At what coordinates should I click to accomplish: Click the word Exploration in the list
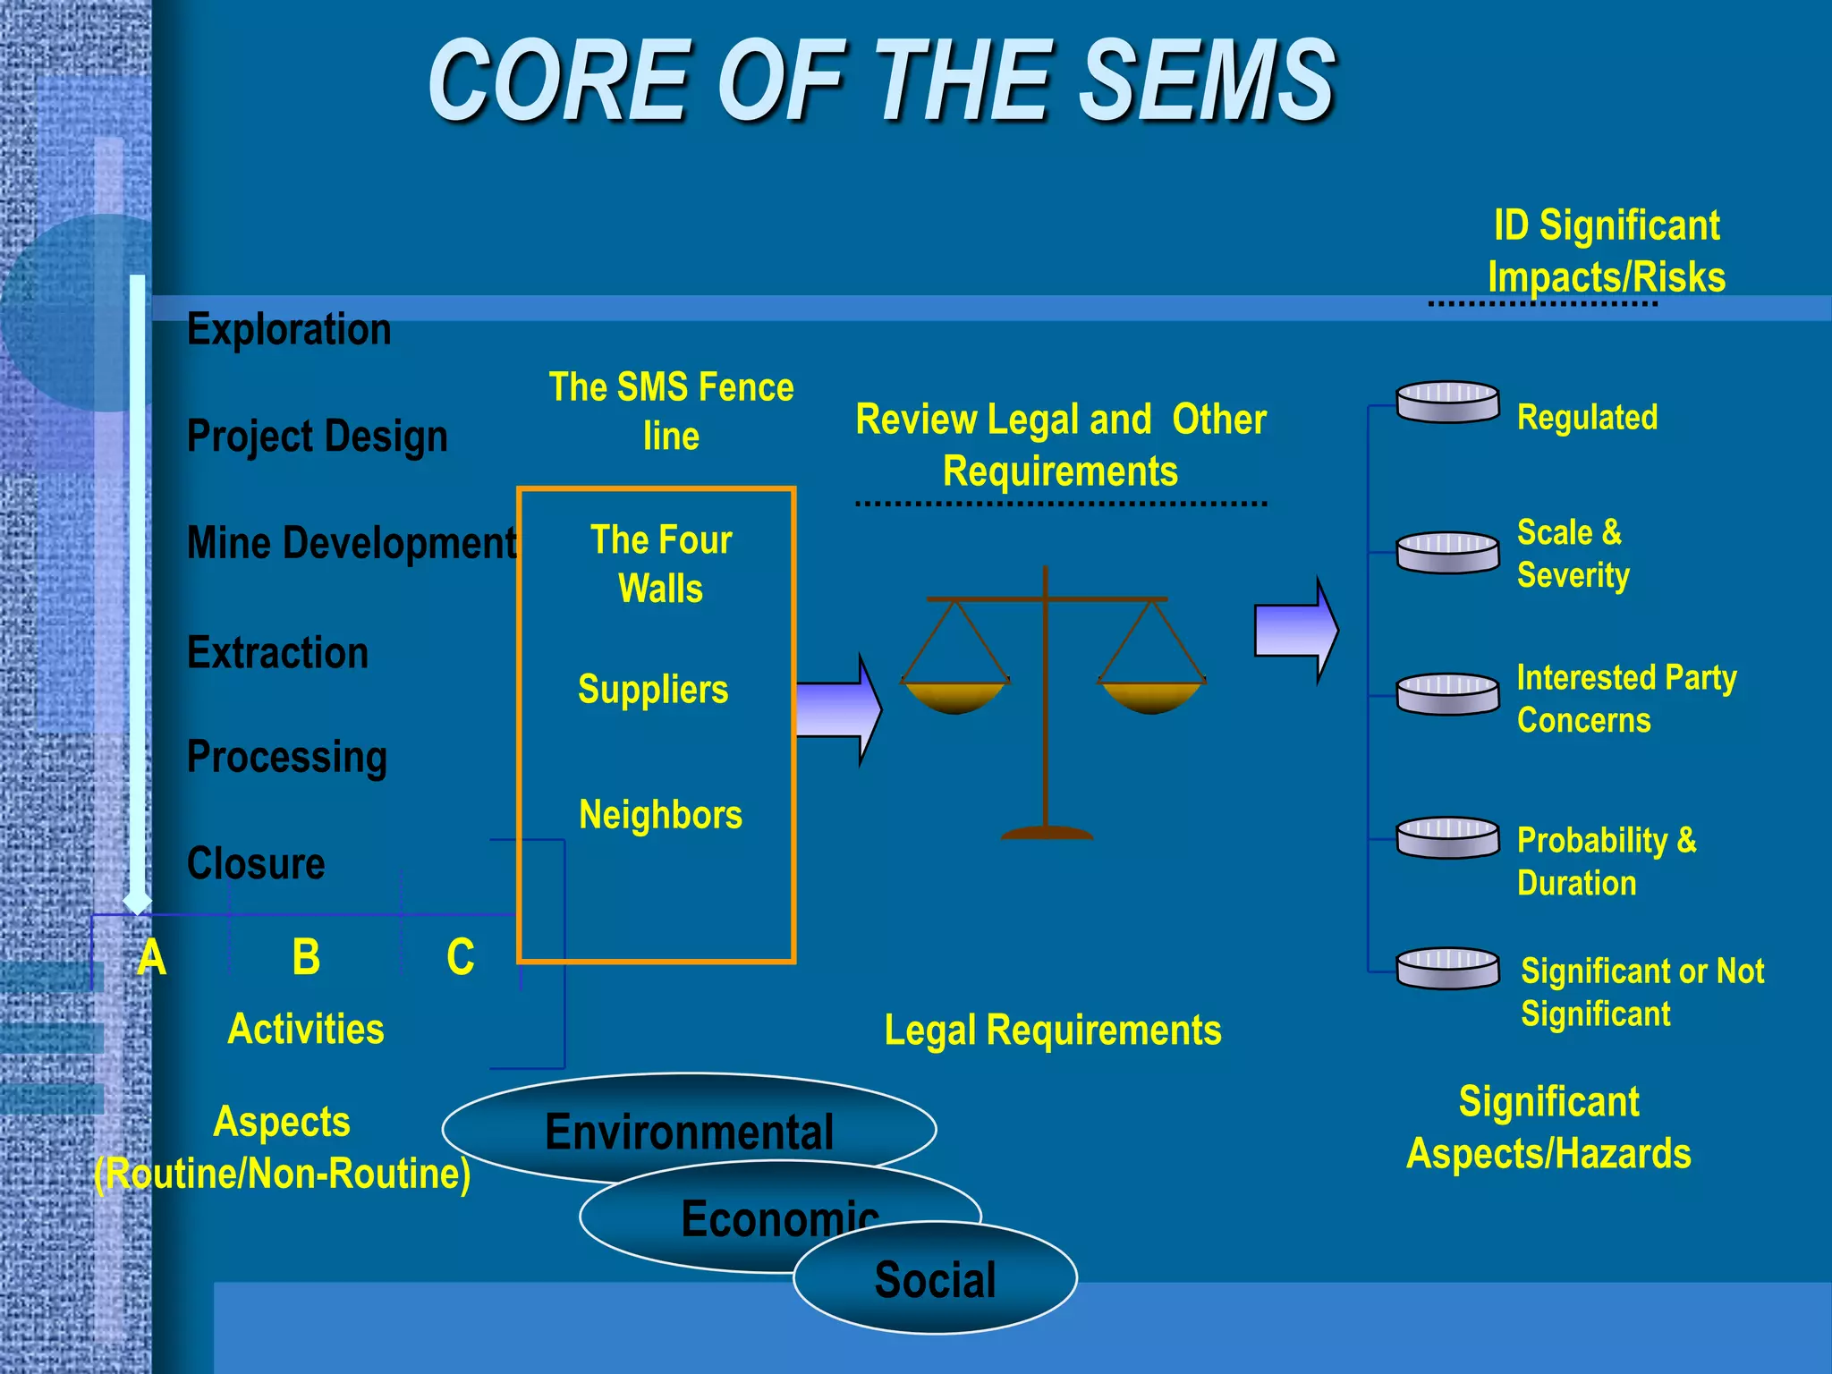point(289,329)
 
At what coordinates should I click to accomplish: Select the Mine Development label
point(352,543)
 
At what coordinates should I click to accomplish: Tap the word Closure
point(256,863)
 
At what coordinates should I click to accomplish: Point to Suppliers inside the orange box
point(653,690)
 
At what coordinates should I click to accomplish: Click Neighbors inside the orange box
point(660,815)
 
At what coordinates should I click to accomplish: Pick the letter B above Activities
point(306,957)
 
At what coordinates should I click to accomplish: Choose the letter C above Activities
point(460,957)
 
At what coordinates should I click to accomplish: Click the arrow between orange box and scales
point(836,709)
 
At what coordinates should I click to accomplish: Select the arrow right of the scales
point(1295,631)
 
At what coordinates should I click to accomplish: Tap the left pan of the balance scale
point(954,696)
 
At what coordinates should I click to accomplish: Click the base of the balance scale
point(1046,833)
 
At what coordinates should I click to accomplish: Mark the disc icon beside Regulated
point(1447,402)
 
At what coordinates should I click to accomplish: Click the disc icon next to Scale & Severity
point(1447,552)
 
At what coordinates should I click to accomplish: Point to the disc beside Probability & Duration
point(1447,838)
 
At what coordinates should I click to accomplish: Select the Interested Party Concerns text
point(1625,699)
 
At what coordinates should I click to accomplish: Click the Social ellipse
point(935,1279)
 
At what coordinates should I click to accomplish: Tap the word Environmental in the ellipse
point(689,1132)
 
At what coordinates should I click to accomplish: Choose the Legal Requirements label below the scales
point(1052,1030)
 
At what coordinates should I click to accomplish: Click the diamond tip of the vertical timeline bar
point(137,901)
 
